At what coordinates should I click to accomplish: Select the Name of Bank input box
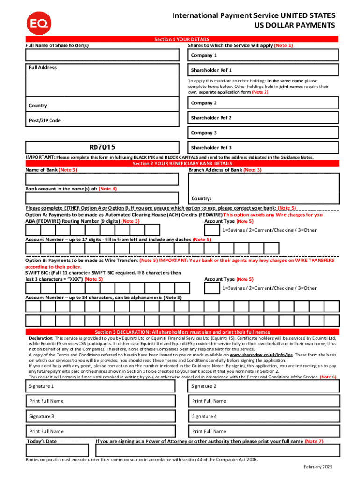[x=102, y=180]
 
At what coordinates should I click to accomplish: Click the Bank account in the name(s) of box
[x=102, y=198]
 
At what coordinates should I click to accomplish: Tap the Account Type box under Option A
[x=212, y=230]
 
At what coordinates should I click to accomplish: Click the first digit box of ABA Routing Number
[x=33, y=230]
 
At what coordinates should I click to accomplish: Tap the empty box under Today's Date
[x=57, y=450]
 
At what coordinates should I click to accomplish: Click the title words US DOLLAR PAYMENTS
[x=295, y=25]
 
